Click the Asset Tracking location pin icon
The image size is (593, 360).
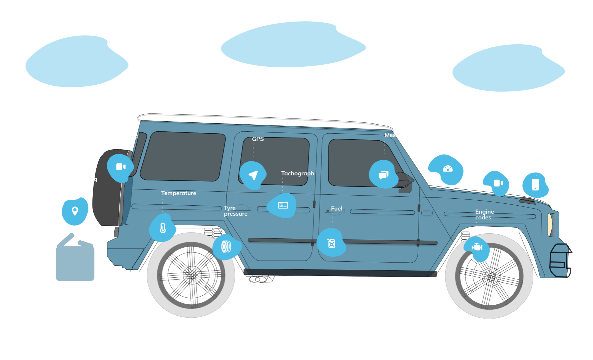point(75,211)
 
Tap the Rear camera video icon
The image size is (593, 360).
point(120,167)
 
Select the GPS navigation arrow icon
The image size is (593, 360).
point(253,175)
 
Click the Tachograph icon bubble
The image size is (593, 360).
point(283,205)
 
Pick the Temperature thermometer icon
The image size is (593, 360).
point(163,228)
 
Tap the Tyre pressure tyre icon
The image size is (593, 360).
point(226,247)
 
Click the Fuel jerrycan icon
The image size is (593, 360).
point(331,243)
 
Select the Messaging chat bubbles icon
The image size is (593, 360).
point(383,175)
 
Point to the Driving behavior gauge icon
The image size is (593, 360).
point(448,169)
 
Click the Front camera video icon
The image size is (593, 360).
point(498,183)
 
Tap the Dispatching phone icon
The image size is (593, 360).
point(535,184)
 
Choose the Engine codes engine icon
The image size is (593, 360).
point(477,247)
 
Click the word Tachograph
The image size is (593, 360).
point(298,173)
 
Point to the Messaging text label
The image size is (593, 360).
point(399,135)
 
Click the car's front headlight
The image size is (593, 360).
point(550,224)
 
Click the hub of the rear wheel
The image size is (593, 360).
point(192,275)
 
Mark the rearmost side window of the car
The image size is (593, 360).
point(183,156)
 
